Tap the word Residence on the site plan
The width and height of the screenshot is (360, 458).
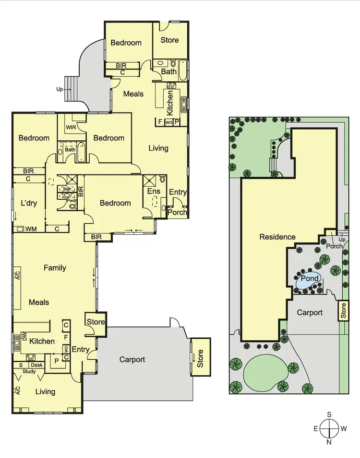coord(277,237)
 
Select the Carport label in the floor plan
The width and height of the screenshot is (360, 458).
coord(132,359)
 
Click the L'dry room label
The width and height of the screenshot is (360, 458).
coord(29,203)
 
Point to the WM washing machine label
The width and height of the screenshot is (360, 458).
coord(31,229)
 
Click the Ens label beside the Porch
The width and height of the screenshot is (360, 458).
coord(154,191)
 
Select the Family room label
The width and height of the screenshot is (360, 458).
coord(55,268)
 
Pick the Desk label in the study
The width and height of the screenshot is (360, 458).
coord(37,365)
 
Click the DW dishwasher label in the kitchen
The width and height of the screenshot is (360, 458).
coord(24,336)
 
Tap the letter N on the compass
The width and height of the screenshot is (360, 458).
coord(329,442)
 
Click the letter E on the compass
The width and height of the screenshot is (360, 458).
coord(315,428)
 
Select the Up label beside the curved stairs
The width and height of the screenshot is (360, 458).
coord(59,89)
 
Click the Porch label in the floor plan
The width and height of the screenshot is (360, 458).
coord(177,212)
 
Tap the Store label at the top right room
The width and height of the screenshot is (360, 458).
coord(169,40)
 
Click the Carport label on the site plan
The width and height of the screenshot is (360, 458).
coord(310,312)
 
